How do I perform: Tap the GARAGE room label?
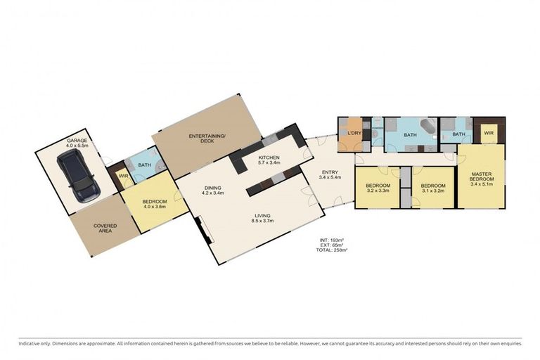coord(77,143)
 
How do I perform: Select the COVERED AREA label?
coord(106,229)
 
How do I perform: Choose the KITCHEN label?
coord(269,160)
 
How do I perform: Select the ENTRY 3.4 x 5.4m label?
coord(330,174)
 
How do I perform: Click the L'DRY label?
coord(354,133)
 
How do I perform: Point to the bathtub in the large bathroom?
coord(426,128)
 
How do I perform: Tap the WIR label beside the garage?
coord(122,176)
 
